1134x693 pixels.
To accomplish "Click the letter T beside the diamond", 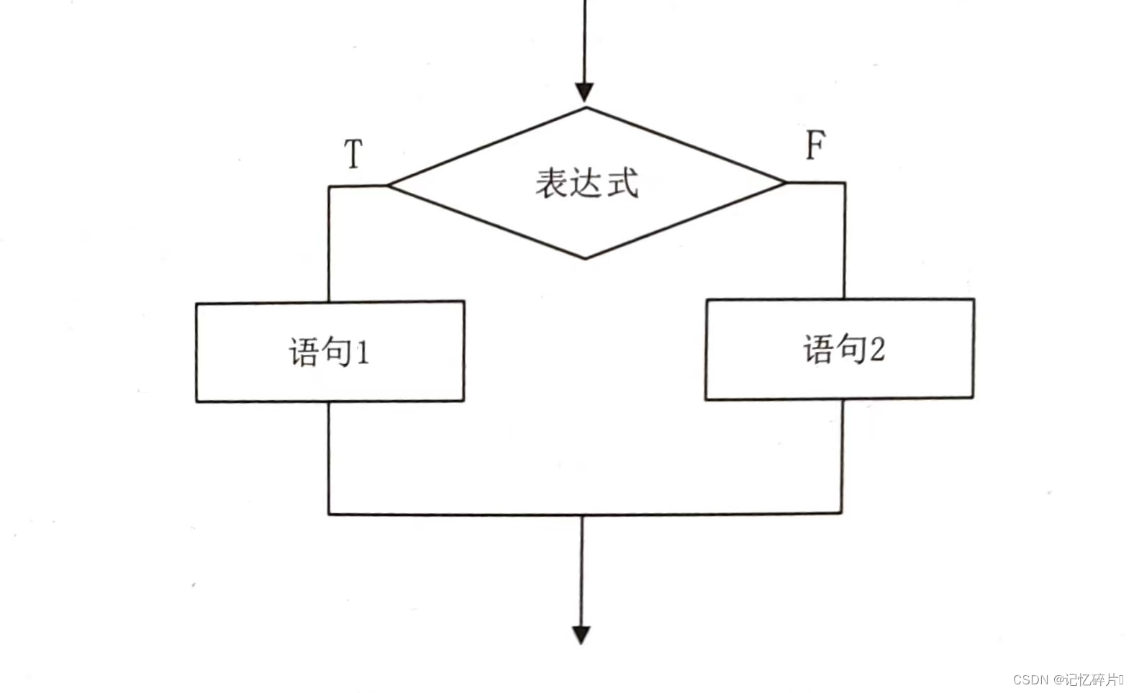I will [x=353, y=154].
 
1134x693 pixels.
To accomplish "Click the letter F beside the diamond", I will [x=815, y=145].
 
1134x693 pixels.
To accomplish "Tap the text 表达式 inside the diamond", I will [x=586, y=183].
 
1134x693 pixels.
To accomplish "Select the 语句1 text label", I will [x=330, y=352].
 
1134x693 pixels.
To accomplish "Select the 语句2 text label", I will [x=843, y=349].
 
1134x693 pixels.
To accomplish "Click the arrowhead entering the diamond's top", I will [x=584, y=92].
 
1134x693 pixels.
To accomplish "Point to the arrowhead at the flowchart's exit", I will [x=581, y=634].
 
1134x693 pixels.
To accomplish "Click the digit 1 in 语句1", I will [x=362, y=353].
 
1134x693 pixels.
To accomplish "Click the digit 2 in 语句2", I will [x=877, y=349].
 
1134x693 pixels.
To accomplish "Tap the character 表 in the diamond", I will [x=552, y=183].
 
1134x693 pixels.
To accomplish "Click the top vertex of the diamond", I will [x=586, y=109].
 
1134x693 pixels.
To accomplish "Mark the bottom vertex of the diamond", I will [x=586, y=258].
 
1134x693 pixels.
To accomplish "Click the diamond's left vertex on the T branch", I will [x=389, y=186].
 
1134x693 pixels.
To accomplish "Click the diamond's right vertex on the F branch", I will [x=785, y=182].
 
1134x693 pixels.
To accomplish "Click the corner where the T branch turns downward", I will [x=330, y=187].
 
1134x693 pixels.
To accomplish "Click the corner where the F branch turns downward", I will [x=844, y=183].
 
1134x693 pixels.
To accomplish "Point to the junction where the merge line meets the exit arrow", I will [x=582, y=515].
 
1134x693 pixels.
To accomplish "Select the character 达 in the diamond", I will [x=587, y=183].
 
